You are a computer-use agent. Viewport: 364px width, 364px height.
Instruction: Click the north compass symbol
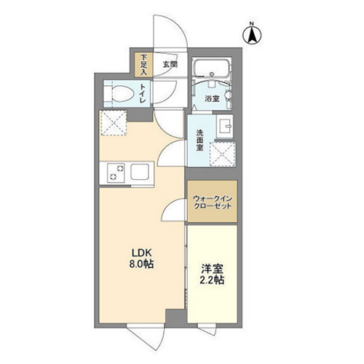pyautogui.click(x=252, y=35)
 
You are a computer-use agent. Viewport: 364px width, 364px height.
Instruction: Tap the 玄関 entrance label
pyautogui.click(x=170, y=64)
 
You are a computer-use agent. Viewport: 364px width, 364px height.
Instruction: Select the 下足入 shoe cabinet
pyautogui.click(x=144, y=65)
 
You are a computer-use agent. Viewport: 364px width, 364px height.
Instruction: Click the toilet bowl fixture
pyautogui.click(x=122, y=94)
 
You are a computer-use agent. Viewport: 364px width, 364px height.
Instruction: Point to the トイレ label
pyautogui.click(x=143, y=93)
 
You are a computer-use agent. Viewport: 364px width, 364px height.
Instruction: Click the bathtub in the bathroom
pyautogui.click(x=211, y=67)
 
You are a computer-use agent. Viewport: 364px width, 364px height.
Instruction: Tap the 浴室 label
pyautogui.click(x=212, y=99)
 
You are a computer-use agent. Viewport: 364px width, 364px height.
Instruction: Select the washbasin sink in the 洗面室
pyautogui.click(x=224, y=126)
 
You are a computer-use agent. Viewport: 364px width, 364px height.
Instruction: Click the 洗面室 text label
pyautogui.click(x=200, y=141)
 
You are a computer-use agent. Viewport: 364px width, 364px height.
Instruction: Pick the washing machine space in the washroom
pyautogui.click(x=223, y=154)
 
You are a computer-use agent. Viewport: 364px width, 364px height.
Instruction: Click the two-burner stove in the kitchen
pyautogui.click(x=116, y=173)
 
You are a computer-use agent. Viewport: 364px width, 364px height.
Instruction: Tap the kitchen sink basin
pyautogui.click(x=140, y=172)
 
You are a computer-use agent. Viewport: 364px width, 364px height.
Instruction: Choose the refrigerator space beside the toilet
pyautogui.click(x=114, y=123)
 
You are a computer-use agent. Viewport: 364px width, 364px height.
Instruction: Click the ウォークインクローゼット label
pyautogui.click(x=213, y=202)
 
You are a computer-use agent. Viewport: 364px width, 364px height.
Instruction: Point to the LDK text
pyautogui.click(x=141, y=253)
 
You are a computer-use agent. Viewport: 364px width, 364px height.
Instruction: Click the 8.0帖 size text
pyautogui.click(x=141, y=264)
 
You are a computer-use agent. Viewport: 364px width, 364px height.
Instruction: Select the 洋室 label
pyautogui.click(x=212, y=269)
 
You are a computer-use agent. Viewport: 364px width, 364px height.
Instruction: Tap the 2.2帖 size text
pyautogui.click(x=212, y=280)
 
